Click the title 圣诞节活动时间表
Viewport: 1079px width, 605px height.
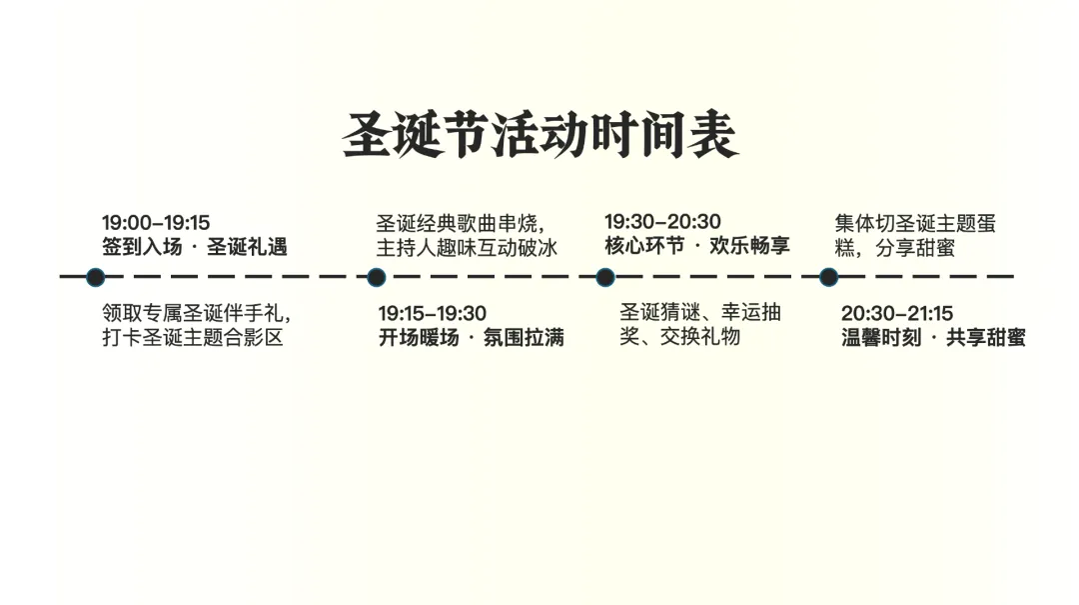539,134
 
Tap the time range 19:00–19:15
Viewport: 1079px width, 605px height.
156,223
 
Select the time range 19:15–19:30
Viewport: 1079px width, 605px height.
432,313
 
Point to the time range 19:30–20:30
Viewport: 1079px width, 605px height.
662,222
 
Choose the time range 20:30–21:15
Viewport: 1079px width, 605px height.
896,314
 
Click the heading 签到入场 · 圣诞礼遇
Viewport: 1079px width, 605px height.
194,247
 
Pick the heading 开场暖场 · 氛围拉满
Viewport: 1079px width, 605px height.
471,338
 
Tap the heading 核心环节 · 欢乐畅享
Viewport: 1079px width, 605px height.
696,246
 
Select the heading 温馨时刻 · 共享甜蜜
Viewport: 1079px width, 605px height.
933,338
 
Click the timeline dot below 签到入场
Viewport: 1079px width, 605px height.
95,277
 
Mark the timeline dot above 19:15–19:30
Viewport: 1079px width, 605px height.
376,277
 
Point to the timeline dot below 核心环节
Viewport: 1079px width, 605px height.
604,277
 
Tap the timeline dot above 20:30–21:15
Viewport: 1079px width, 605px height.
828,277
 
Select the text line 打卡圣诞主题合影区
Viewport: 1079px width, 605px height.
192,337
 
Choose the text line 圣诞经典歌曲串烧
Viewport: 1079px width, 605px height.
466,223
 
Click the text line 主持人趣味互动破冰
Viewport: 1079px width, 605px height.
467,247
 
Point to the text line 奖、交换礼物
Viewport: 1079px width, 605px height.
679,337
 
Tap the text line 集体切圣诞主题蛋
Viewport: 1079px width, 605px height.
915,223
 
